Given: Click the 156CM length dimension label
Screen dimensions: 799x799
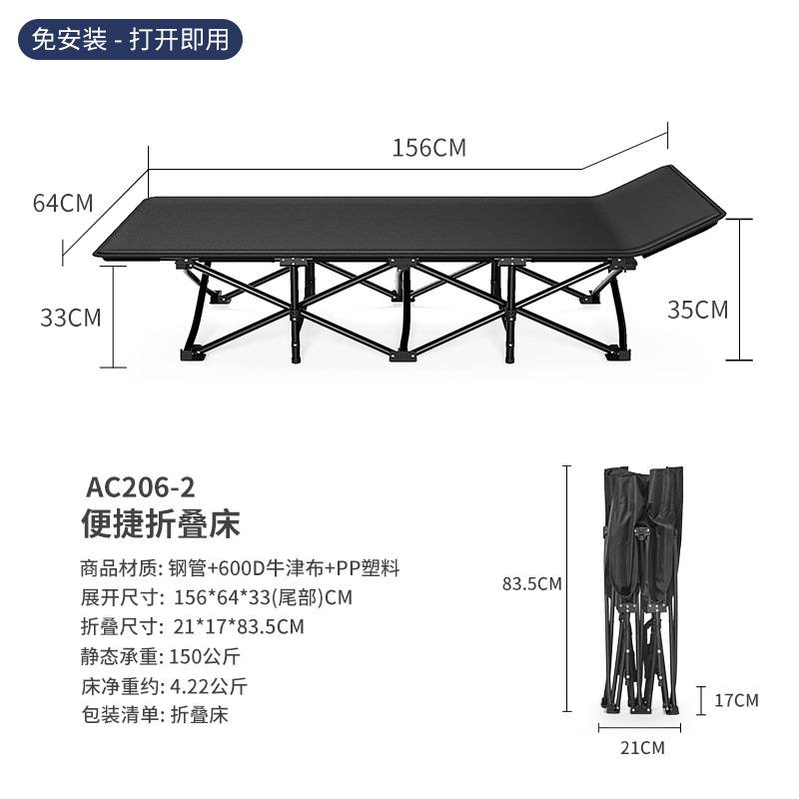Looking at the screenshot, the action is coord(428,148).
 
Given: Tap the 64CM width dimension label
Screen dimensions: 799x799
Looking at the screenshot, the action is coord(63,203).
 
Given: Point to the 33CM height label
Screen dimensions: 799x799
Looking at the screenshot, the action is coord(71,318).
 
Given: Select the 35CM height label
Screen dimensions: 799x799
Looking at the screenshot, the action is coord(698,310).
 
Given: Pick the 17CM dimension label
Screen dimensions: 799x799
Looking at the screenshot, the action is coord(736,700).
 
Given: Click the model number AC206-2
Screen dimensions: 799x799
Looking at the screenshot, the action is coord(141,488).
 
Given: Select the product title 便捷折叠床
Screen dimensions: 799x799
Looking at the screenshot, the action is coord(161,524).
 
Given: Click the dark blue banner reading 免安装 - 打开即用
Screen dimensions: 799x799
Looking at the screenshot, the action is coord(131,40).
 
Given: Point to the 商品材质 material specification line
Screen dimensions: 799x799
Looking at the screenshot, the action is coord(240,568).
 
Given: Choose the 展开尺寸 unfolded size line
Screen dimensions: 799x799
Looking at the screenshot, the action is coord(217,597).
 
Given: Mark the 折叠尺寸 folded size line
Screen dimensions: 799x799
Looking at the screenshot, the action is coord(192,627).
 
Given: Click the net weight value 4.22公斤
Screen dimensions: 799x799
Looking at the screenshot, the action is coord(210,686).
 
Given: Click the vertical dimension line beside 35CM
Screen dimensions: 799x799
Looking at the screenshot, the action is coord(740,290).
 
